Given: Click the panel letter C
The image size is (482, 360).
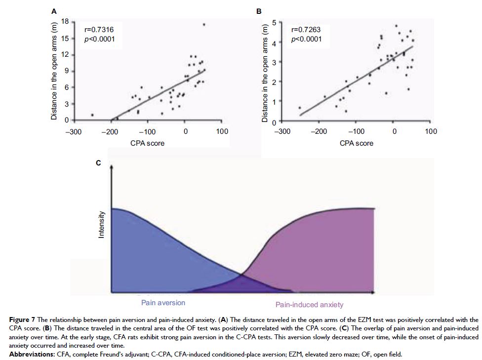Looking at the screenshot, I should tap(98, 163).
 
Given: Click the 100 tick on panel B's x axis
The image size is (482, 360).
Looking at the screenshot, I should tap(431, 131).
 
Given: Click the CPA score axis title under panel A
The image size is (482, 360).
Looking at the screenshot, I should tap(148, 143).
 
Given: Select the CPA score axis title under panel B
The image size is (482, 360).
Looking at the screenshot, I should tap(357, 143).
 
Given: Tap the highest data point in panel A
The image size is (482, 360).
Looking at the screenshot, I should tap(204, 24).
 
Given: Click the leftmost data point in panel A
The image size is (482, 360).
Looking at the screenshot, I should tap(92, 115).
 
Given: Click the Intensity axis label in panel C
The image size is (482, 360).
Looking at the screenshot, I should tap(101, 225).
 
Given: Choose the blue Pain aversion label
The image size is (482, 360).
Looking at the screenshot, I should tap(163, 303).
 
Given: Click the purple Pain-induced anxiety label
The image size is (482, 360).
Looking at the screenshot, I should tap(309, 305).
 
